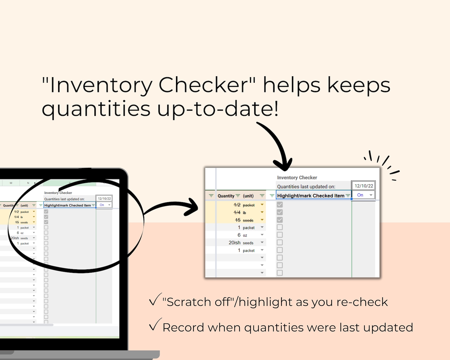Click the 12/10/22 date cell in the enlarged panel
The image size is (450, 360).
point(364,186)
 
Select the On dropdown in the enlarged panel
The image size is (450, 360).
point(363,195)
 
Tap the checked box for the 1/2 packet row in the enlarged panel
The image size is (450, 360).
point(280,205)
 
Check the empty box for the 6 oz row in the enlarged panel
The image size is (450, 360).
point(280,235)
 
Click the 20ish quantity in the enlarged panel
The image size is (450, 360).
point(234,243)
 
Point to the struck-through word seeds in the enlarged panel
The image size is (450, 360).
point(248,220)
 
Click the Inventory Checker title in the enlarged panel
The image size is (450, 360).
point(297,177)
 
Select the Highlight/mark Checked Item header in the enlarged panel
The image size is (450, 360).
point(311,196)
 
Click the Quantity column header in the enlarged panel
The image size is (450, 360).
point(226,196)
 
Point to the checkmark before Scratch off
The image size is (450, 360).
point(155,300)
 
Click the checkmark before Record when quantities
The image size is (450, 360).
point(155,325)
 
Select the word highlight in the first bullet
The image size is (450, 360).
point(265,302)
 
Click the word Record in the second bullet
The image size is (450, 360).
point(183,328)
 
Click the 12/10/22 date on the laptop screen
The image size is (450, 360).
point(104,199)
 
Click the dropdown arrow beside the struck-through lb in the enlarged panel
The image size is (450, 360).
point(262,212)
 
